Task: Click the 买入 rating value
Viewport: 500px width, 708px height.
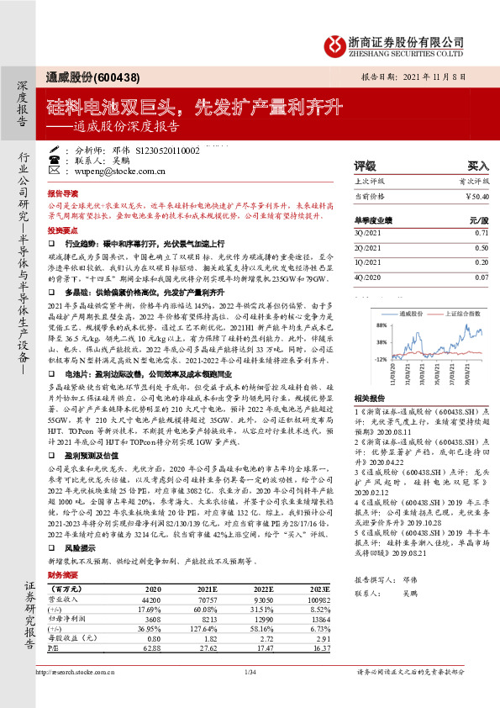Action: tap(477, 166)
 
